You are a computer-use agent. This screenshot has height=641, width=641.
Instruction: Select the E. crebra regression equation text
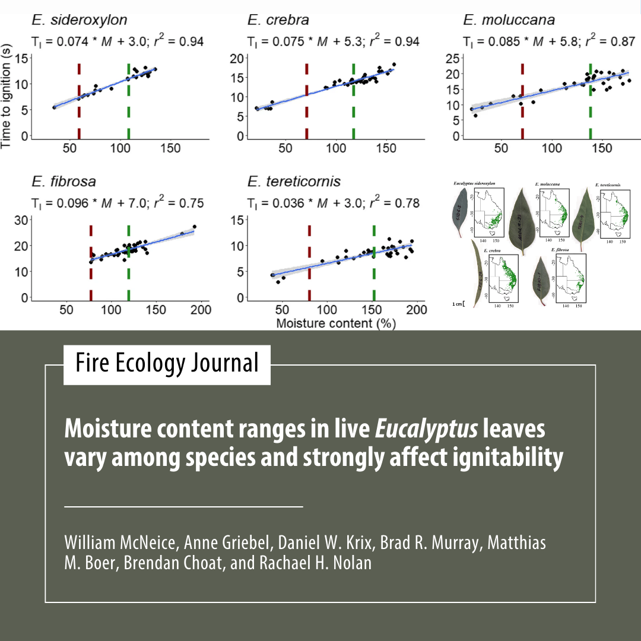pyautogui.click(x=333, y=42)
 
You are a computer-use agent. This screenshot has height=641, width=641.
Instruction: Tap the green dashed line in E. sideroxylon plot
pyautogui.click(x=128, y=101)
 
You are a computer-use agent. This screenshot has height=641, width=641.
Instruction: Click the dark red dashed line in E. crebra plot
pyautogui.click(x=307, y=101)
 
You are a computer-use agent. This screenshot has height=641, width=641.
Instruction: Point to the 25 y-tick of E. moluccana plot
pyautogui.click(x=454, y=58)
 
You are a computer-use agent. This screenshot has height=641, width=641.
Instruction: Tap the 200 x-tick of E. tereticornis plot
pyautogui.click(x=417, y=309)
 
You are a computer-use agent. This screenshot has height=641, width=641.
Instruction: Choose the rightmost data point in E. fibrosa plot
pyautogui.click(x=194, y=227)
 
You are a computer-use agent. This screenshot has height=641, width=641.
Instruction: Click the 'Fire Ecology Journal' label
pyautogui.click(x=167, y=363)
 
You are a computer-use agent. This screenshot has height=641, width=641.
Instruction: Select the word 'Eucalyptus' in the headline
pyautogui.click(x=426, y=430)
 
